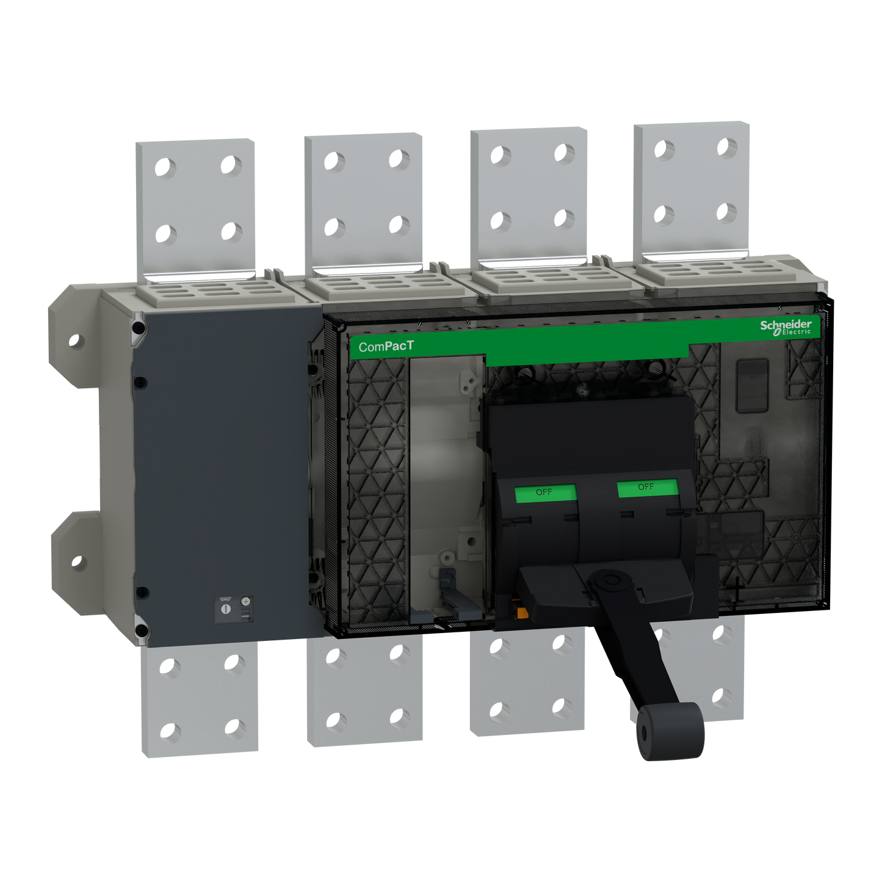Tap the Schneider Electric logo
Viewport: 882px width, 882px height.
coord(786,327)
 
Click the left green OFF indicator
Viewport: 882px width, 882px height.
coord(545,493)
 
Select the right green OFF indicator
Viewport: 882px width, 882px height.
coord(647,488)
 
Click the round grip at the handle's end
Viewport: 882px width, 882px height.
coord(670,732)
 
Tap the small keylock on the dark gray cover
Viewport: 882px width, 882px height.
coord(226,609)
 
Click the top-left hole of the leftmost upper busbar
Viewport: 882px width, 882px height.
coord(165,166)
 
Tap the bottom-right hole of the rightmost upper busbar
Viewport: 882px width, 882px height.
coord(726,212)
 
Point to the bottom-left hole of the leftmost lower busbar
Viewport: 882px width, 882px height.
coord(171,731)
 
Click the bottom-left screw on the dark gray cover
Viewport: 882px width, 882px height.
coord(140,631)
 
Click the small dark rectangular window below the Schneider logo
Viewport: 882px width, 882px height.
coord(752,385)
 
